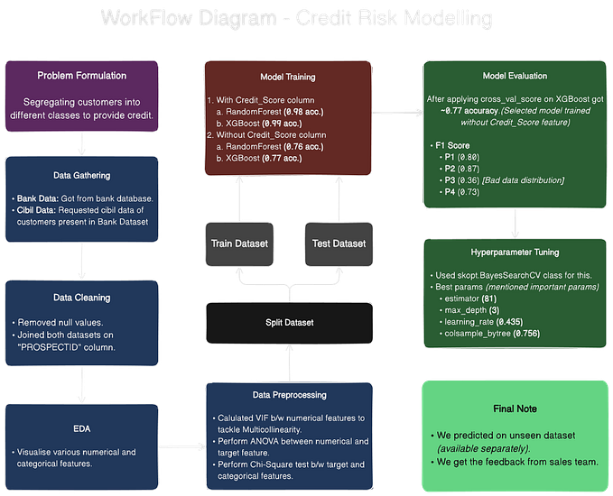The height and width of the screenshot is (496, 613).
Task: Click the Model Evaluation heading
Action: [x=515, y=77]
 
